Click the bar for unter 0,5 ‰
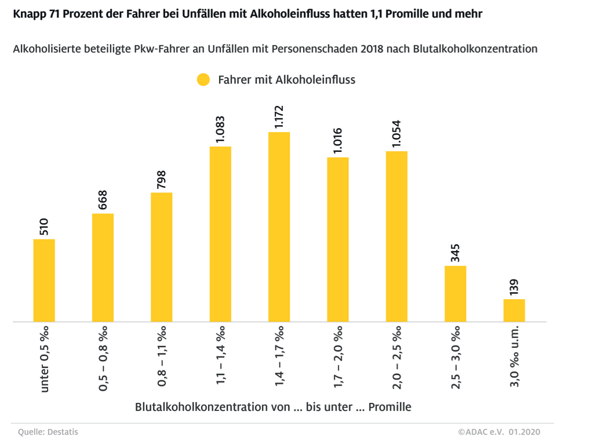(x=44, y=280)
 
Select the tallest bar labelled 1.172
(x=279, y=227)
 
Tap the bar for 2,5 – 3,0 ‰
(x=455, y=293)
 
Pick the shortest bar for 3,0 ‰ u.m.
(x=514, y=310)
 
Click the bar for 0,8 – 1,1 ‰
(x=162, y=257)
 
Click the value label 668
(x=103, y=199)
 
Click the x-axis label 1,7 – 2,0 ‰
(x=338, y=358)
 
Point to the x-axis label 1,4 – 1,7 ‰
(x=279, y=358)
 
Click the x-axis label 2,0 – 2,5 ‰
(x=396, y=358)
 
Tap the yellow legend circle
(x=203, y=80)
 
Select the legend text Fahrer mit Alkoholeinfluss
(x=286, y=80)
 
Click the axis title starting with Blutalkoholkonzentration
(x=273, y=407)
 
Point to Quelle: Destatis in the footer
(x=48, y=432)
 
